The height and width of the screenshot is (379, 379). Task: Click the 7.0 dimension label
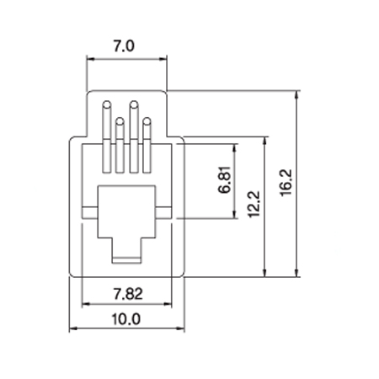point(124,46)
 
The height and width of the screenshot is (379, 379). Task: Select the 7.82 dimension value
point(128,294)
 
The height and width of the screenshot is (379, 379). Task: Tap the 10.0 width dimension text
point(126,319)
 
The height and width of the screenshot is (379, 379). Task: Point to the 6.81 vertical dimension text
point(225,180)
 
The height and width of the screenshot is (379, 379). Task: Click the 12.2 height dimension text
point(254,204)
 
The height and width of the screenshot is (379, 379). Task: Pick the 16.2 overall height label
point(286,183)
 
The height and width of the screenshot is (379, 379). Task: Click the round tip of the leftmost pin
point(107,104)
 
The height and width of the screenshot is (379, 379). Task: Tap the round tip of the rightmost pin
point(147,121)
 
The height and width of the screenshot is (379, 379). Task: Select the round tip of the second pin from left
point(120,121)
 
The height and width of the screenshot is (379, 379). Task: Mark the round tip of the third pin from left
point(134,104)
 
